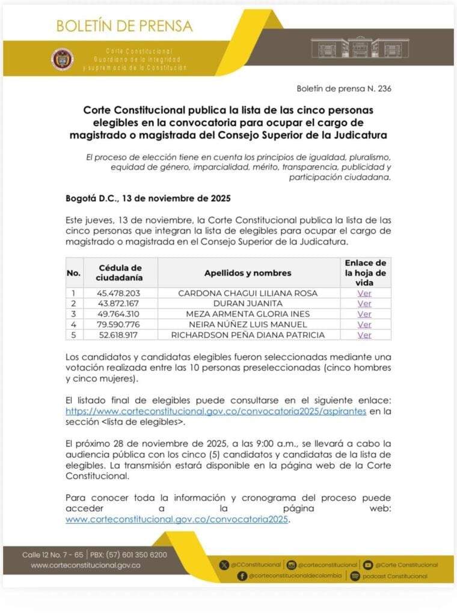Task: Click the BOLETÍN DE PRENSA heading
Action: pyautogui.click(x=124, y=26)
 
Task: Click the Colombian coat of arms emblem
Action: pyautogui.click(x=63, y=59)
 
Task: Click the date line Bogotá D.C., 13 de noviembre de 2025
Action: pyautogui.click(x=148, y=198)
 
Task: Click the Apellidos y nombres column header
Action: pyautogui.click(x=248, y=273)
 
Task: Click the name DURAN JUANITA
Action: pyautogui.click(x=248, y=303)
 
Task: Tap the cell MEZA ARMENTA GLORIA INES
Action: pyautogui.click(x=248, y=314)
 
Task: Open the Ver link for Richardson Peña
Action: pyautogui.click(x=364, y=335)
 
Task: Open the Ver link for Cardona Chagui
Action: pyautogui.click(x=364, y=293)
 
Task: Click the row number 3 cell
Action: pyautogui.click(x=73, y=314)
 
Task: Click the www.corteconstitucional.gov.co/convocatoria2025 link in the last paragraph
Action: pyautogui.click(x=177, y=520)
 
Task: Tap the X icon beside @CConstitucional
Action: pyautogui.click(x=225, y=565)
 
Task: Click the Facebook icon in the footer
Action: pyautogui.click(x=242, y=575)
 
